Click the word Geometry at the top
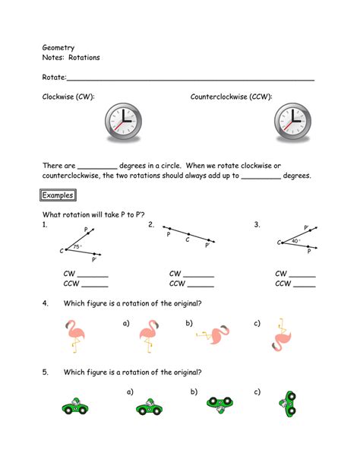coord(57,47)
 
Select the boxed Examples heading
coord(58,195)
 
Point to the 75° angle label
coord(77,246)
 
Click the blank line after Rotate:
coord(191,78)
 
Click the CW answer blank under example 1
coord(93,275)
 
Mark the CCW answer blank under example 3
coord(304,285)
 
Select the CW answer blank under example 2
coord(199,275)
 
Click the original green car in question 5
coord(76,406)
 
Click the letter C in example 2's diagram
coord(188,239)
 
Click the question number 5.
coord(46,372)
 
